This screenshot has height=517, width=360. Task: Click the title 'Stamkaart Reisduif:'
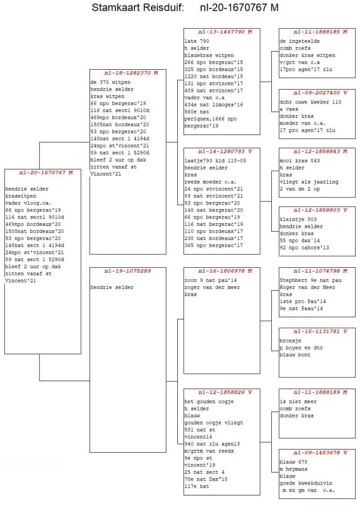tap(138, 8)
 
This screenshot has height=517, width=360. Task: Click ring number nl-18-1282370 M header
tap(128, 73)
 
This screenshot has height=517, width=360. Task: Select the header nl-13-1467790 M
tap(222, 32)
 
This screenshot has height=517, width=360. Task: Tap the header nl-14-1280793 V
tap(222, 152)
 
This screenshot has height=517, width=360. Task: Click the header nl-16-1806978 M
tap(222, 271)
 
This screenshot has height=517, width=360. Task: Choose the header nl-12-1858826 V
tap(222, 392)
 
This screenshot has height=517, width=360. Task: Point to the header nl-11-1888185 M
tap(317, 32)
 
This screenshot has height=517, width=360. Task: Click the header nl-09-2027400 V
tap(317, 93)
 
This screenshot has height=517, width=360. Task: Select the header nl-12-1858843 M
tap(317, 152)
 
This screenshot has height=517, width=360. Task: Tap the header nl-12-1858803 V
tap(317, 210)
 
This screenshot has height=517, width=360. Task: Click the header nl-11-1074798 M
tap(317, 271)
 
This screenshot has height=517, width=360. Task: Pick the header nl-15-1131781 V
tap(317, 332)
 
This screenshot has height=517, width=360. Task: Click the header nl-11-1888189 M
tap(317, 392)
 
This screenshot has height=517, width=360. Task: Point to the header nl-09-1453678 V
tap(317, 453)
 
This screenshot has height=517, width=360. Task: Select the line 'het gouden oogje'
tap(209, 401)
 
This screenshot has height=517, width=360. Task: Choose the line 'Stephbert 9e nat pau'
tap(307, 280)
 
